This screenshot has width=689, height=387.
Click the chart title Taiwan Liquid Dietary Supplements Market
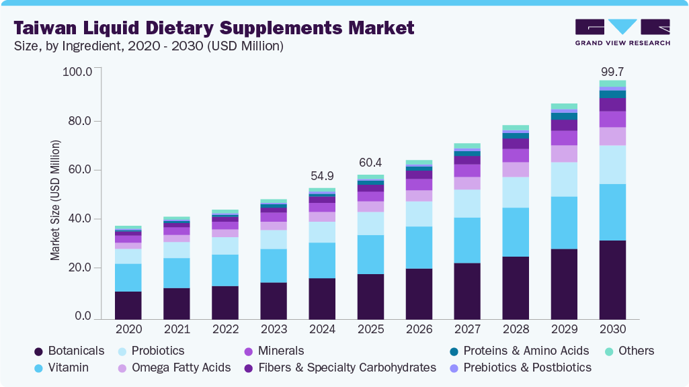(x=214, y=28)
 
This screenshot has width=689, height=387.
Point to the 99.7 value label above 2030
(x=612, y=71)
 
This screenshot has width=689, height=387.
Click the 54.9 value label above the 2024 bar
(x=322, y=175)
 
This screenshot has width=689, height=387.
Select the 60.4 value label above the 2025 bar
(x=370, y=163)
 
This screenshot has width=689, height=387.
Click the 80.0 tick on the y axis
(x=77, y=121)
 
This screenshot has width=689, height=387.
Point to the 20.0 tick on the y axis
(x=77, y=268)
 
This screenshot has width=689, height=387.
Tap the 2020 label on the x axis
(x=128, y=330)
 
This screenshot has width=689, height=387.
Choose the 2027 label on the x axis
(x=467, y=330)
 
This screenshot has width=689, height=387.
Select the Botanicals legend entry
(x=75, y=351)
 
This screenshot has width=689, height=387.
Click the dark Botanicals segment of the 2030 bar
(x=612, y=279)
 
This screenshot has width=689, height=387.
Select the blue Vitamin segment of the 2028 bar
(x=516, y=232)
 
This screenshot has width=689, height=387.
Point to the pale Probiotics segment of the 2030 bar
(x=612, y=165)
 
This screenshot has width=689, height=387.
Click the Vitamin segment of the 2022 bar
(x=225, y=270)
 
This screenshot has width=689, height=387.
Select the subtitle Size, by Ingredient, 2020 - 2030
(x=149, y=46)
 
